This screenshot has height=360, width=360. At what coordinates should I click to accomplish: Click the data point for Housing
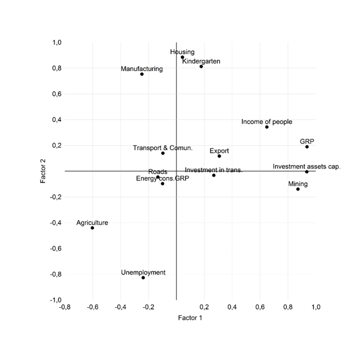[x=182, y=57]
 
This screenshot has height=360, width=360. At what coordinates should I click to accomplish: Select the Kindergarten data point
[x=201, y=66]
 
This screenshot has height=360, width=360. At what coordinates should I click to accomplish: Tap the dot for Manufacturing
[x=142, y=74]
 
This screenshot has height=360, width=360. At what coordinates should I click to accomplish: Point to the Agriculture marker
[x=92, y=228]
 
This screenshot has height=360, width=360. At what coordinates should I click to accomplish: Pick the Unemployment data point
[x=143, y=278]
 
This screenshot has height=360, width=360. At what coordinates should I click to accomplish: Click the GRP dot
[x=307, y=147]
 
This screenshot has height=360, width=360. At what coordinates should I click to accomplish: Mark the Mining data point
[x=298, y=189]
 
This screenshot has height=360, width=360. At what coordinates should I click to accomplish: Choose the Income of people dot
[x=267, y=127]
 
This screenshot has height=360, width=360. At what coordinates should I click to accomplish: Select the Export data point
[x=220, y=156]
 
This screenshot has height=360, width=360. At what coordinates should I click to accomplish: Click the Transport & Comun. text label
[x=163, y=148]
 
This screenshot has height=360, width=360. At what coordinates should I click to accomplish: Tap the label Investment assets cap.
[x=307, y=167]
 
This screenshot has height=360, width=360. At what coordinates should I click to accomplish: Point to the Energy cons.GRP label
[x=162, y=179]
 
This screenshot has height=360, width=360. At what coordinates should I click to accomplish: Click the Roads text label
[x=158, y=171]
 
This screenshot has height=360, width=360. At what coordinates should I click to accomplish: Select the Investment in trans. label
[x=214, y=170]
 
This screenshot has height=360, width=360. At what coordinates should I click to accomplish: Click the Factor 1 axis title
[x=190, y=318]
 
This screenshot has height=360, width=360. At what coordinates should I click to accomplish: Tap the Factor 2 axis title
[x=44, y=171]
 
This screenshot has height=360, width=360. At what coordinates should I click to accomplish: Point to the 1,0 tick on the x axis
[x=315, y=307]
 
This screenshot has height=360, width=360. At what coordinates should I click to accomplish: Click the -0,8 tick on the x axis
[x=65, y=307]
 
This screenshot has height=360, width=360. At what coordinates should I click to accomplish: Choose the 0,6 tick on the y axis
[x=57, y=94]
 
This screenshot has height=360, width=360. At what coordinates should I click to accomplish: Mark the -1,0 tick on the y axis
[x=56, y=300]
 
